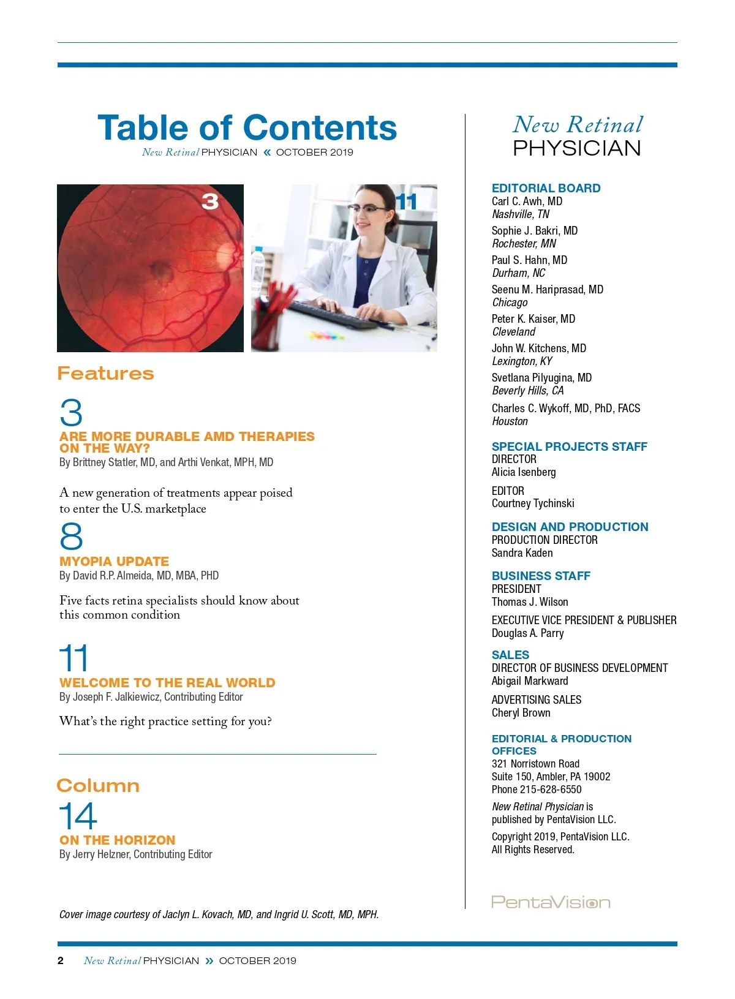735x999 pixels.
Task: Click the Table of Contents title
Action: click(247, 128)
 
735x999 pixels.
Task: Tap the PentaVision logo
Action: click(551, 902)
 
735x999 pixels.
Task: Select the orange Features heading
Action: click(105, 373)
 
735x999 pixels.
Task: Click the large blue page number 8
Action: click(71, 537)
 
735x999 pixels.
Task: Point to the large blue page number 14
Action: click(78, 816)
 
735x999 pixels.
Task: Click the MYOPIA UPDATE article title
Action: click(114, 561)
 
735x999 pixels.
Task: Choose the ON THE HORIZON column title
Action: click(117, 840)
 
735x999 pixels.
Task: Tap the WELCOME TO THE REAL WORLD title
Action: click(167, 682)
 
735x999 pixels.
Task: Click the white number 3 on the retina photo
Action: click(210, 202)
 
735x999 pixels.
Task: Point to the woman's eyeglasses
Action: click(369, 209)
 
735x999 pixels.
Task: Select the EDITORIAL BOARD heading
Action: click(546, 188)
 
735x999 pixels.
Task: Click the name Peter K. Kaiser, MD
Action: click(533, 319)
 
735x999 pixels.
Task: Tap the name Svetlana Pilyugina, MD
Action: click(541, 377)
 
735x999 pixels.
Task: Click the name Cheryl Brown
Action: click(521, 712)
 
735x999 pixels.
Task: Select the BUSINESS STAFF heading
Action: click(541, 576)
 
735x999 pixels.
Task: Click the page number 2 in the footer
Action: click(61, 960)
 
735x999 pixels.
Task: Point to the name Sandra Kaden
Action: click(522, 552)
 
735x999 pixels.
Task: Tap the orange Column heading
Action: click(98, 786)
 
